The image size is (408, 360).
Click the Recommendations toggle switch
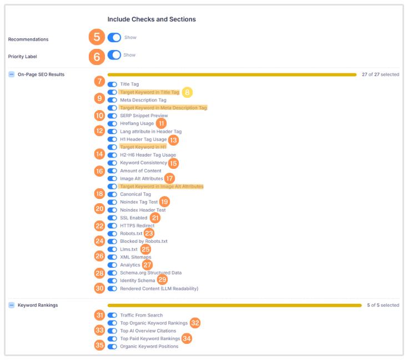[114, 37]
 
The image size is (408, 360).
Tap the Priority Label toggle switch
[114, 55]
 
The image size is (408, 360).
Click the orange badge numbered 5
[97, 37]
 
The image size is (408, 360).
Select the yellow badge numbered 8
[188, 92]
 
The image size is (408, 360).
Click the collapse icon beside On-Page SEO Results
[12, 74]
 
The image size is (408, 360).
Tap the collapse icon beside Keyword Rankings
[12, 305]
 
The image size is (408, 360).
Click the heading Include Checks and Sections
[152, 19]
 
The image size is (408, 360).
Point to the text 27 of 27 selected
[380, 74]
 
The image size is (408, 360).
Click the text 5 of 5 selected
[383, 305]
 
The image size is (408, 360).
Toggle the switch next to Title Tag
[112, 84]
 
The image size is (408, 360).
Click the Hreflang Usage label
[137, 123]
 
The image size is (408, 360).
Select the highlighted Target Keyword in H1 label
[143, 147]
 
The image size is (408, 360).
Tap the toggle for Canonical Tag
[112, 194]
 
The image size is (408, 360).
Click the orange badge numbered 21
[155, 218]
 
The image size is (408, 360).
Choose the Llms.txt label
[129, 249]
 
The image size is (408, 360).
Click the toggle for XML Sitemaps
[112, 257]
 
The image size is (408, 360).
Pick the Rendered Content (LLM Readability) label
[159, 288]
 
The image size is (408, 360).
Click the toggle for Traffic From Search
[112, 315]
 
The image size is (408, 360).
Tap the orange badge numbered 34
[187, 338]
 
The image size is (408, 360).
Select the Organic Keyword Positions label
[149, 346]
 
